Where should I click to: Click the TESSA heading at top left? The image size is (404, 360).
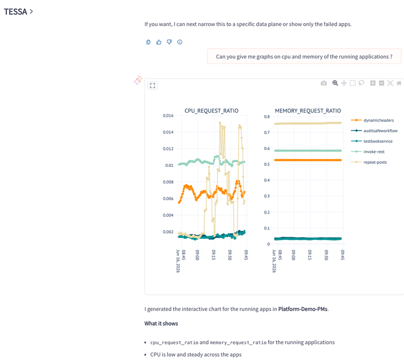(16, 12)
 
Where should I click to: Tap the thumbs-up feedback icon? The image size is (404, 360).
(159, 42)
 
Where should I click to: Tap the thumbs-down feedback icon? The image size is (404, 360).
(169, 42)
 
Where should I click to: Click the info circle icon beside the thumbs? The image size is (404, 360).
(180, 42)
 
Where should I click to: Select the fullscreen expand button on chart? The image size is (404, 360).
(152, 86)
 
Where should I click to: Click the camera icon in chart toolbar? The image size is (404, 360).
(324, 83)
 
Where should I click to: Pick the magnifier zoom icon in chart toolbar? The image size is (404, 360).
(335, 83)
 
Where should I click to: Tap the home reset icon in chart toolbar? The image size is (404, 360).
(399, 83)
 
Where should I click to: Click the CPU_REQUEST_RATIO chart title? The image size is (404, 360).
(211, 111)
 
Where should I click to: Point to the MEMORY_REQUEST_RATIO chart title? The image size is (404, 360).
(308, 111)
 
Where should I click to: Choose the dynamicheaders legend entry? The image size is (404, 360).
(373, 120)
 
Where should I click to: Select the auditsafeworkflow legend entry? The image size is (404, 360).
(374, 131)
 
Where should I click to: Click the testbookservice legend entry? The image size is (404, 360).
(372, 141)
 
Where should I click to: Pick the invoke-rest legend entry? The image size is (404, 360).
(368, 152)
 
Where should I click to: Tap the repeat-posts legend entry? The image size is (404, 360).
(369, 162)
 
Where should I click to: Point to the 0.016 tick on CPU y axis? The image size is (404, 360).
(168, 116)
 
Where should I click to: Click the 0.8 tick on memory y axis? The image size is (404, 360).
(267, 117)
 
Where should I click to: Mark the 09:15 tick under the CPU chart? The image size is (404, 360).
(214, 255)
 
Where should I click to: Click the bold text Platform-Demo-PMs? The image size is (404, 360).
(303, 309)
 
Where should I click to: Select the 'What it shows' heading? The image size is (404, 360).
(161, 323)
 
